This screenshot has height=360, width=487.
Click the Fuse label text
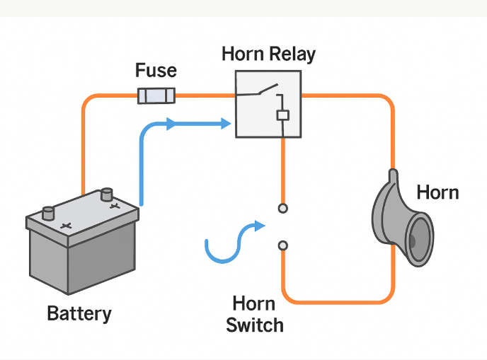tap(156, 71)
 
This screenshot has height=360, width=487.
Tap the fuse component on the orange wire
tap(156, 95)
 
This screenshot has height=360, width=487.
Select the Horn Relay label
tap(268, 54)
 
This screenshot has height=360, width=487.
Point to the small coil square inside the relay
tap(282, 115)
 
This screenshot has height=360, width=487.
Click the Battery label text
tap(79, 313)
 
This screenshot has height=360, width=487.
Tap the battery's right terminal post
tap(107, 193)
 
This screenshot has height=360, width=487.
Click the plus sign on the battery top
tap(114, 207)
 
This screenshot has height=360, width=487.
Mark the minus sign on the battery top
tap(65, 226)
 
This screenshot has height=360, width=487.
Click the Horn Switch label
tap(254, 315)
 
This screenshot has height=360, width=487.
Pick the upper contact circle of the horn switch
tap(282, 208)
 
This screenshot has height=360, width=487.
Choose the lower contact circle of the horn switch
tap(282, 245)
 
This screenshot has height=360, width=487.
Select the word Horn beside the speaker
tap(437, 192)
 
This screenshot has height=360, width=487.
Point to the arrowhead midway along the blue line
tap(171, 124)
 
